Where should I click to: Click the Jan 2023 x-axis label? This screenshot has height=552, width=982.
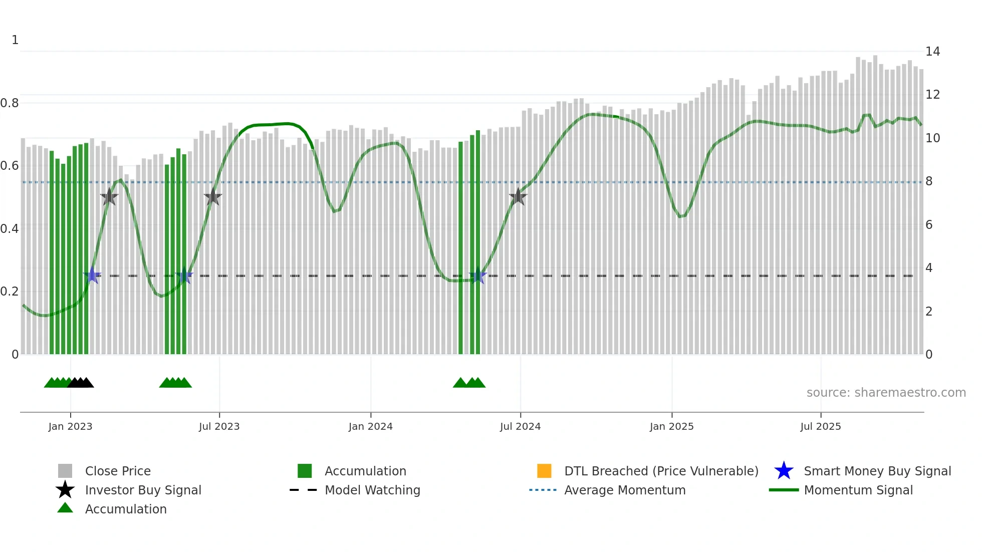point(70,426)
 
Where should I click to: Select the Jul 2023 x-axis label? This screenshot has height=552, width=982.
point(219,426)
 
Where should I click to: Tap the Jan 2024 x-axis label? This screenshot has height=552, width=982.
point(370,426)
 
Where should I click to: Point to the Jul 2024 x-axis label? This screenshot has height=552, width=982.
point(520,426)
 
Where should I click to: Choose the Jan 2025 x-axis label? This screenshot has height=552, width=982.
point(671,426)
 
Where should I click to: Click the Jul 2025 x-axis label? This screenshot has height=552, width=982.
point(820,426)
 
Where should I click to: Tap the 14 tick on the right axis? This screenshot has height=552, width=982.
point(932,52)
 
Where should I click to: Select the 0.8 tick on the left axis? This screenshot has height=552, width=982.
point(10,103)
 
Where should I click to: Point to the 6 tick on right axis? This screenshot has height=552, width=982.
point(929,225)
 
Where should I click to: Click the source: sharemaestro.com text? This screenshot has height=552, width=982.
point(886,393)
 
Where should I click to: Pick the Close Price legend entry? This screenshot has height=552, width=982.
point(118,471)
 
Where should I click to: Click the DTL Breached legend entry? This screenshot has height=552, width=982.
point(661,471)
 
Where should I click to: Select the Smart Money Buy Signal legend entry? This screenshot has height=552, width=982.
point(877,471)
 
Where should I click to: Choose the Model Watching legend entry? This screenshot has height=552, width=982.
point(372,490)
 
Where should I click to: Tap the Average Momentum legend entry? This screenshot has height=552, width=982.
point(624,490)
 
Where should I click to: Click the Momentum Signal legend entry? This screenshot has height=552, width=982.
point(858,490)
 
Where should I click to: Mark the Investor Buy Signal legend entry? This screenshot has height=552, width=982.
point(143,490)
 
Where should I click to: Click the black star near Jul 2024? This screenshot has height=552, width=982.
point(518,197)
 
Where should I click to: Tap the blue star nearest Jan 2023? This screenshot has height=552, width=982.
point(92,275)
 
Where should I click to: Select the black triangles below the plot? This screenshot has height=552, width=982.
point(81,383)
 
